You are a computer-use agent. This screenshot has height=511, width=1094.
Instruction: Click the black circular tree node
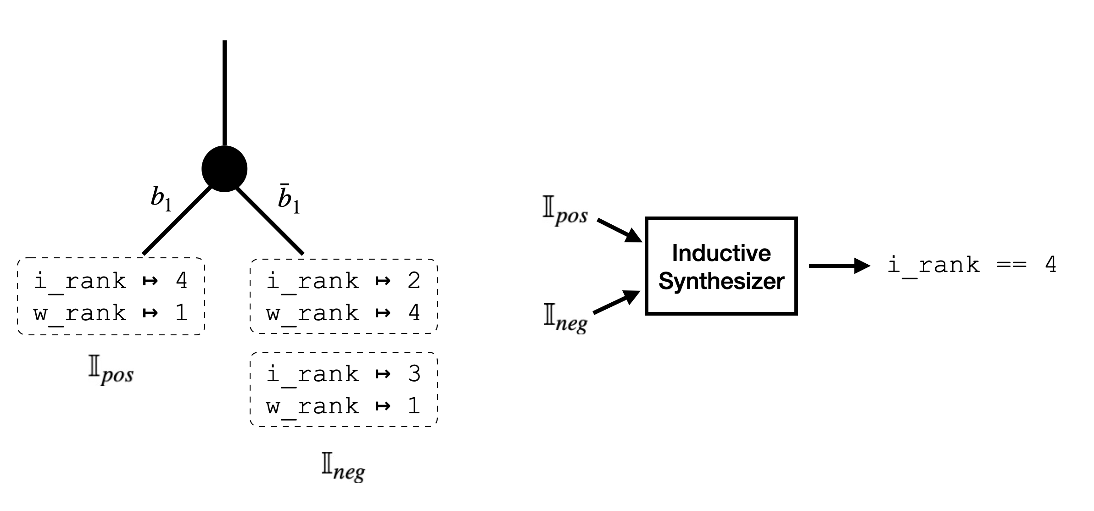coord(224,169)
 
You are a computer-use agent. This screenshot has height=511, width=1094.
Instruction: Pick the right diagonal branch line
coord(270,221)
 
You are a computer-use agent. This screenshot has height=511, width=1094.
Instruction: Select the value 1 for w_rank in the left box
coord(182,313)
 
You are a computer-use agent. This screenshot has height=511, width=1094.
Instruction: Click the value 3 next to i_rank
coord(414,373)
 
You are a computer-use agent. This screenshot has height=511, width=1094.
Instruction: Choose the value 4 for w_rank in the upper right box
coord(414,313)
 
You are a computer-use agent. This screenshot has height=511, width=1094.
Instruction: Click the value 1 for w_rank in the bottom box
coord(414,406)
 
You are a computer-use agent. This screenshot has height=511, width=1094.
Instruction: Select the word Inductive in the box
coord(721,253)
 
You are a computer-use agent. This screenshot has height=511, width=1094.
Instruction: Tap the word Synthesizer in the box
coord(721,281)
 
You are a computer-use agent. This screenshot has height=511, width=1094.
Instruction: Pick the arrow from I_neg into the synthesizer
coord(617,302)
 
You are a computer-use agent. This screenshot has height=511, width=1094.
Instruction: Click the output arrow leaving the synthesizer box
coord(839,266)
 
